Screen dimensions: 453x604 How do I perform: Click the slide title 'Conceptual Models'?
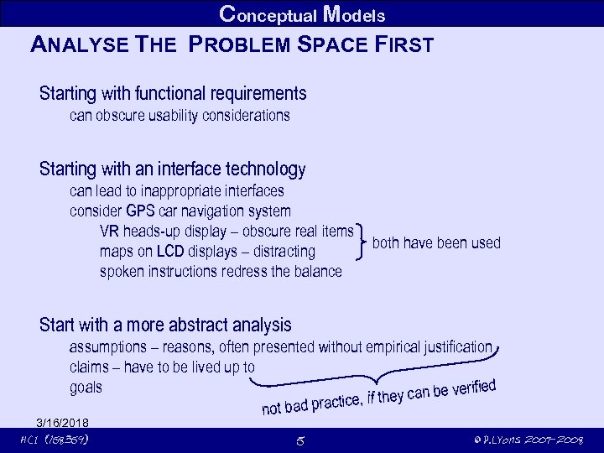pos(301,14)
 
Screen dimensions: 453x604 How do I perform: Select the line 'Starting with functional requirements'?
pos(173,93)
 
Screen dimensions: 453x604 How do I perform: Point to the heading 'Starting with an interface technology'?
pos(172,169)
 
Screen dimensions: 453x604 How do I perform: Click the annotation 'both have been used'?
pos(435,243)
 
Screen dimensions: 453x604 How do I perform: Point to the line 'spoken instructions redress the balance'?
pos(221,272)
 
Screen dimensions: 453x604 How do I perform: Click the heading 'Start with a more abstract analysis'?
pos(165,325)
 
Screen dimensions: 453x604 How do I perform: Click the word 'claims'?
pos(90,367)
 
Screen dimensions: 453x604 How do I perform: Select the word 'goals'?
pos(86,387)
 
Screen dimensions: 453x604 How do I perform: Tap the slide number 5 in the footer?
pos(300,440)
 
